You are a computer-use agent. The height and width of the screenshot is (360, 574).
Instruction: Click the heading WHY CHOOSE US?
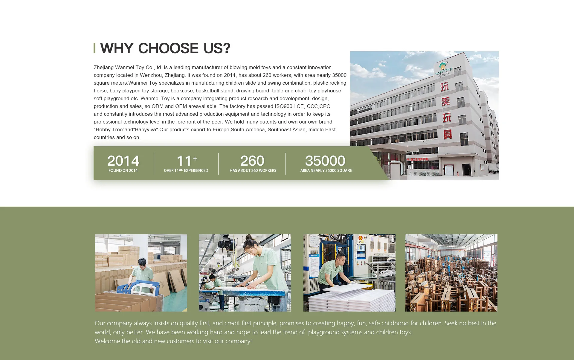(165, 48)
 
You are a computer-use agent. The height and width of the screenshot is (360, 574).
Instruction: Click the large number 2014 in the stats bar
(123, 161)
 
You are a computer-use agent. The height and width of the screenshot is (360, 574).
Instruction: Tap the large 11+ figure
(187, 161)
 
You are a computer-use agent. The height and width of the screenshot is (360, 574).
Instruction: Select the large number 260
(252, 161)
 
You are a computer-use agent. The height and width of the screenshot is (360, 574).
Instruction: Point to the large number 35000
(325, 161)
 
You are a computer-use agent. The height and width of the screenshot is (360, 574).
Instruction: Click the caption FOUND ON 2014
(123, 171)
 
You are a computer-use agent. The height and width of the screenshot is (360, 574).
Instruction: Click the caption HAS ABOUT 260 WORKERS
(253, 171)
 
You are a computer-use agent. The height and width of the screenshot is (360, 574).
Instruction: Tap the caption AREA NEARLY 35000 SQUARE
(326, 171)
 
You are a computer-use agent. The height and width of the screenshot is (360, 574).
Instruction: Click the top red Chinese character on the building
(445, 87)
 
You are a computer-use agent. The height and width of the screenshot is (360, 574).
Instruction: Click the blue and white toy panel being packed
(136, 289)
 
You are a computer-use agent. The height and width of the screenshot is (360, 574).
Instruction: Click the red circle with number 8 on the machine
(361, 238)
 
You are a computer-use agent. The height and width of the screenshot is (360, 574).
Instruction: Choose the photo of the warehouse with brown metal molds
(451, 273)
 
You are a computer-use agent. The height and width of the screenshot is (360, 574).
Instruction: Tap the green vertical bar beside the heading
(94, 48)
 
